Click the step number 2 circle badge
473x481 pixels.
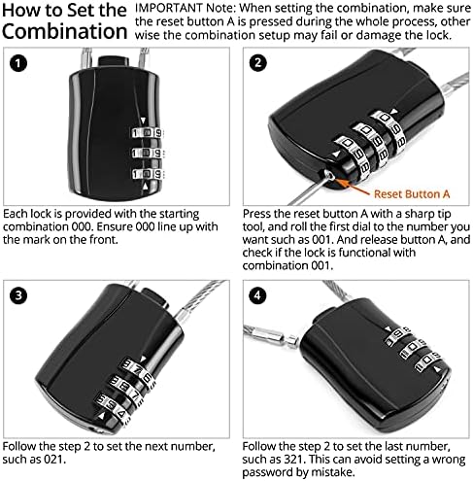[258, 65]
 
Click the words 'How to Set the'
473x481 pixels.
[63, 11]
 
